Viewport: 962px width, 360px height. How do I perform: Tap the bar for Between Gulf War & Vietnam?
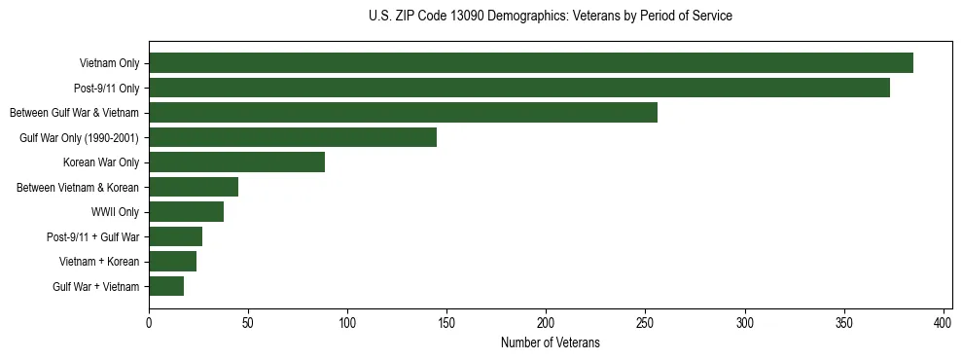tap(403, 113)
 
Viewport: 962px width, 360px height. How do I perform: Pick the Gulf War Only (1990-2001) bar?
tap(293, 137)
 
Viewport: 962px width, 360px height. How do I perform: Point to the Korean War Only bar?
tap(236, 162)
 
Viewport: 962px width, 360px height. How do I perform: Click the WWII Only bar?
tap(186, 212)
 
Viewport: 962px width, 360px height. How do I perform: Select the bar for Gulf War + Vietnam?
tap(166, 286)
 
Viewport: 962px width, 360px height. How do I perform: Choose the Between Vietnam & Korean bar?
tap(194, 187)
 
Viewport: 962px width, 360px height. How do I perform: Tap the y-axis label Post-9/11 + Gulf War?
tap(92, 237)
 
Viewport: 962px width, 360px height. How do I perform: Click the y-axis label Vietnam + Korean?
tap(99, 262)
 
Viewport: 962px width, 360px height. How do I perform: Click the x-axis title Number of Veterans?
tap(550, 343)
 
